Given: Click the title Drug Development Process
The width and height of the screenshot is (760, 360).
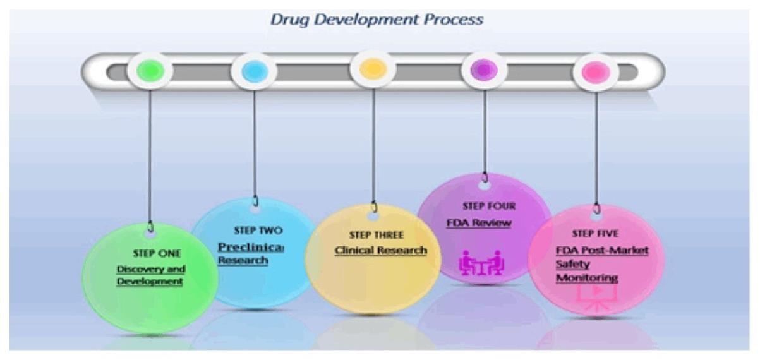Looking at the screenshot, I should [377, 20].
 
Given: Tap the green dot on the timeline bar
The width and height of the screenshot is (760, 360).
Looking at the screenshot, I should [150, 69].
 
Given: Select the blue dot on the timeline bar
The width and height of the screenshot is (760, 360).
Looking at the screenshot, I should [254, 71].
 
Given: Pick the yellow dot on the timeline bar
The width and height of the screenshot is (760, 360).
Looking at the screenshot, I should [373, 69].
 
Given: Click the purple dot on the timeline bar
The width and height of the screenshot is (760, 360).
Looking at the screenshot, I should [484, 69].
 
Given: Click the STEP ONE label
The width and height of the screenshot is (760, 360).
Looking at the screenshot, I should [157, 253].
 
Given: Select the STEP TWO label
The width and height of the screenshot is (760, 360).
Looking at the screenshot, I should [258, 231].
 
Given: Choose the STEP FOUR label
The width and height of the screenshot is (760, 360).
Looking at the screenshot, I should [489, 206].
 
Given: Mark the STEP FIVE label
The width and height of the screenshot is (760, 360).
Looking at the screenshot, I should [595, 234].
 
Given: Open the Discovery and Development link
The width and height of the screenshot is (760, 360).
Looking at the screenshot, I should [150, 275].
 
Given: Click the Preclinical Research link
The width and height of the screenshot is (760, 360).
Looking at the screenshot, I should [250, 253].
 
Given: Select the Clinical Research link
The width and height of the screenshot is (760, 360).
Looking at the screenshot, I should [380, 251].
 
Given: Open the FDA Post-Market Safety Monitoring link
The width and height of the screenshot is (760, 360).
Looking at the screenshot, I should [601, 264].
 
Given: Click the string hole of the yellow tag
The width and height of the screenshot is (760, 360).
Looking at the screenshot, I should [373, 215].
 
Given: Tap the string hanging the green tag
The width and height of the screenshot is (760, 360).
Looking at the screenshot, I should [150, 158].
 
